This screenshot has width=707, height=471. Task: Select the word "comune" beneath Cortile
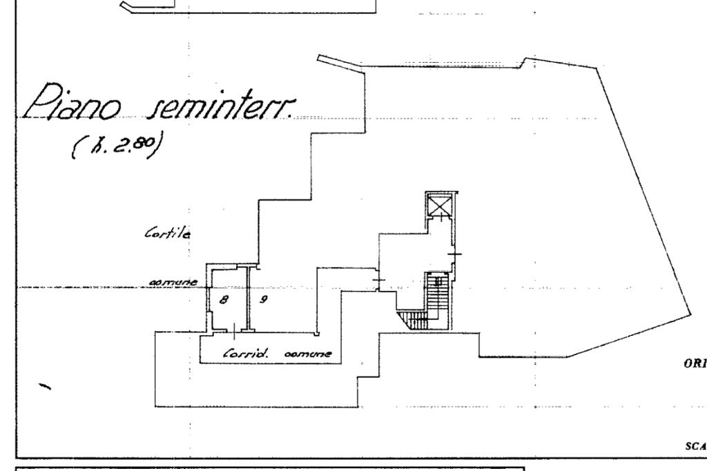(174, 283)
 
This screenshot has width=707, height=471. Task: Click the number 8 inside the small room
(222, 300)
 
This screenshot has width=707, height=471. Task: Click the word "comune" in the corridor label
(310, 354)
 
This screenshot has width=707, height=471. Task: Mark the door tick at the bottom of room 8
(235, 333)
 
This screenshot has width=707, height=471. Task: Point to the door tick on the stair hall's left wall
(378, 280)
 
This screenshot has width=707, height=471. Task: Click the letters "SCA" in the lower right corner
(695, 447)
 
